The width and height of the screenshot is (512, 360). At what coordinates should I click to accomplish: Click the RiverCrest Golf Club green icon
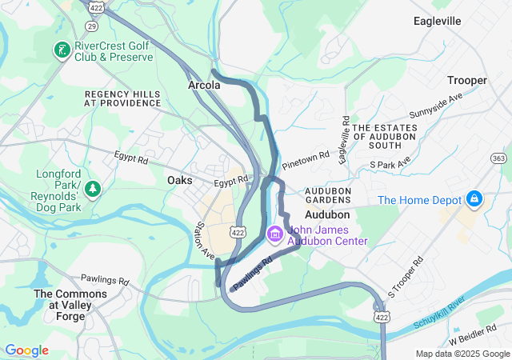pos(61,51)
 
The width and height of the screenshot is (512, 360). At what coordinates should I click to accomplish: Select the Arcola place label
pos(203,84)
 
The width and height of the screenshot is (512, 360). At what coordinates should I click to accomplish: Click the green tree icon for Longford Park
pos(94,188)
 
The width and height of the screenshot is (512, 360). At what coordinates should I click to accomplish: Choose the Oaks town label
pos(180,181)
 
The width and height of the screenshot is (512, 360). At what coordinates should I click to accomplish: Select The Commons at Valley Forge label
pos(70,305)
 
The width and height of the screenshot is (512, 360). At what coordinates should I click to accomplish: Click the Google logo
pos(26,350)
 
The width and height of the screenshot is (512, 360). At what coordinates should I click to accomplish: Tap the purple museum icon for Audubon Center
pos(274,234)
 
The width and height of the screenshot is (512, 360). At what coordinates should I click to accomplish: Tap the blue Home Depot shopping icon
pos(474,197)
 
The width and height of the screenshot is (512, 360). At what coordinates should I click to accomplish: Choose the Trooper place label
pos(467,81)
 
